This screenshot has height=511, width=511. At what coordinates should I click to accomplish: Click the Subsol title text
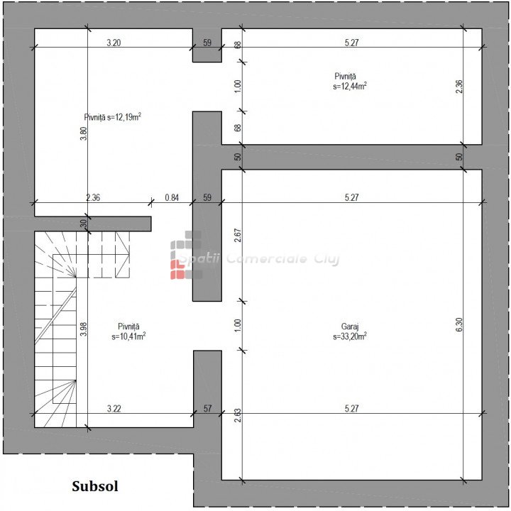click(95, 486)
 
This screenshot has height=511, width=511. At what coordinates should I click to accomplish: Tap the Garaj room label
click(350, 326)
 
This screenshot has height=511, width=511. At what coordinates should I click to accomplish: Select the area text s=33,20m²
click(350, 336)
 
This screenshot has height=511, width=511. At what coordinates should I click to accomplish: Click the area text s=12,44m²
click(350, 87)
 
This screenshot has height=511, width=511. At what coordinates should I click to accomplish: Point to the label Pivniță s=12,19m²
click(112, 117)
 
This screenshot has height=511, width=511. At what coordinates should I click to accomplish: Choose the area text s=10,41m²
click(128, 336)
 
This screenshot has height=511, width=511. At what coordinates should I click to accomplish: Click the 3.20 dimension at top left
click(114, 43)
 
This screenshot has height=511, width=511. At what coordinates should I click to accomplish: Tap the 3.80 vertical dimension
click(84, 133)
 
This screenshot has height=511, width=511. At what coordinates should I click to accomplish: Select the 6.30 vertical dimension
click(459, 324)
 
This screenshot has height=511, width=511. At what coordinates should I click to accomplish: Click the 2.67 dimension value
click(238, 236)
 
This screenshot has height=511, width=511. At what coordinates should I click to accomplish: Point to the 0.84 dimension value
click(172, 197)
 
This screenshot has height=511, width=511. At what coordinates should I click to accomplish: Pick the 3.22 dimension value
click(114, 409)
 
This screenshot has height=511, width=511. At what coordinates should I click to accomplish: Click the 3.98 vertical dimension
click(84, 329)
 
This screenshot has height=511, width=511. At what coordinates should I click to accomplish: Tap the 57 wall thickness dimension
click(207, 408)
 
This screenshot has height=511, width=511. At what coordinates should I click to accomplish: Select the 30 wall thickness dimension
click(84, 224)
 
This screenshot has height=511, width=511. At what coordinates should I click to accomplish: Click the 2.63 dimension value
click(238, 415)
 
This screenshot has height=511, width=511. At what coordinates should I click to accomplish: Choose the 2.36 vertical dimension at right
click(459, 87)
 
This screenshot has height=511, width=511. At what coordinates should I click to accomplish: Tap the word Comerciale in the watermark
click(267, 259)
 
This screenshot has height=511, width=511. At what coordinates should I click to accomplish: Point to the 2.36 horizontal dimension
click(93, 197)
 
